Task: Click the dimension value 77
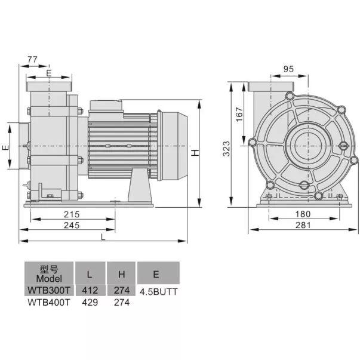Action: [x=33, y=60]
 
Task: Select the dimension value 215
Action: [x=71, y=214]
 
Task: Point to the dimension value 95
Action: [x=288, y=69]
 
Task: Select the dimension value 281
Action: [x=304, y=225]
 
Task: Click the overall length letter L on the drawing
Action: [x=103, y=237]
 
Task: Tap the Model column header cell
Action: [x=49, y=274]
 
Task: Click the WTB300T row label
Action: [x=49, y=291]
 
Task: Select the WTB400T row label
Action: [x=49, y=302]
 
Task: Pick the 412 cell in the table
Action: [x=90, y=291]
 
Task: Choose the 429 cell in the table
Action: [x=90, y=302]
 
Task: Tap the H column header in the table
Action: [x=121, y=274]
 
